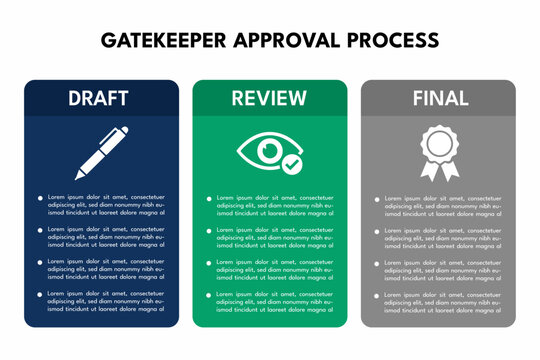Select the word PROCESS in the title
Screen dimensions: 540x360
point(392,41)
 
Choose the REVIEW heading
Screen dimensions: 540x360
point(269,98)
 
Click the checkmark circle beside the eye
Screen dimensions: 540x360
point(292,161)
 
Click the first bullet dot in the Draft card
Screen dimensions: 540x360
point(40,198)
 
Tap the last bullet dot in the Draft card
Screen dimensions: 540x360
point(40,294)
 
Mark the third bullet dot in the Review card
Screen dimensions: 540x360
point(209,263)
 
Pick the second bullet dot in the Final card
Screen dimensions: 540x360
point(378,231)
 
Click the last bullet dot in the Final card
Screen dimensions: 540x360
point(378,295)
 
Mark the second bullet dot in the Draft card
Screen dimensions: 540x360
point(40,230)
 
